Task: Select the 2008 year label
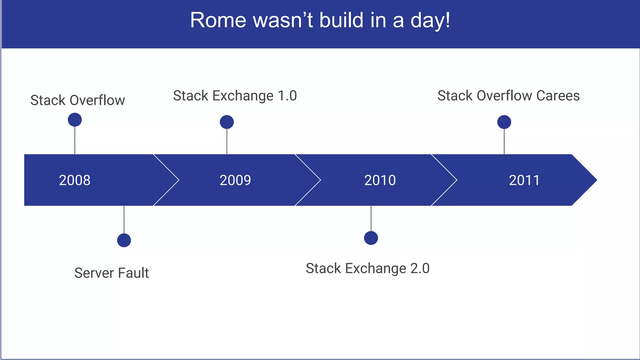[75, 180]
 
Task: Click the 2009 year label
[235, 180]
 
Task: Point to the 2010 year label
[380, 180]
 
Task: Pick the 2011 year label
[524, 180]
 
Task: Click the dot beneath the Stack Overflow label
[75, 120]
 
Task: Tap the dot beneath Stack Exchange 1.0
[227, 122]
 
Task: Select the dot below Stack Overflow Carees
[504, 122]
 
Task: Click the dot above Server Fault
[124, 240]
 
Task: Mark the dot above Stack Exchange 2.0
[371, 238]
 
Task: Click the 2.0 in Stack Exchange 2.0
[419, 268]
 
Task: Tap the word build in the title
[342, 20]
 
